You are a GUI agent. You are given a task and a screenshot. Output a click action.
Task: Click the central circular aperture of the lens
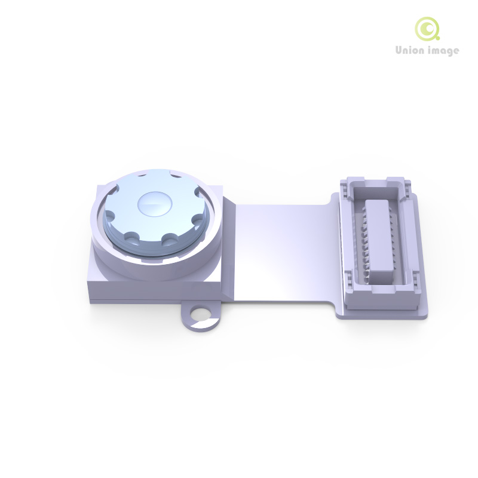point(155,204)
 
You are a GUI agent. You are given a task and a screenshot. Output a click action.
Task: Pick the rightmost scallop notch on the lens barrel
point(198,219)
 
